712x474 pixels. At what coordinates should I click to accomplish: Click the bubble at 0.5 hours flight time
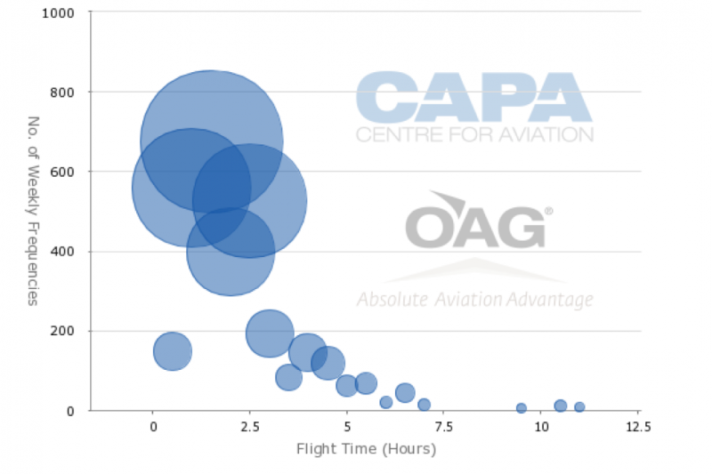click(173, 351)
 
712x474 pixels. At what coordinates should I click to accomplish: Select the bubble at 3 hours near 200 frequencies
click(270, 333)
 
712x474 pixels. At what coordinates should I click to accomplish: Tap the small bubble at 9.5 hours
click(522, 408)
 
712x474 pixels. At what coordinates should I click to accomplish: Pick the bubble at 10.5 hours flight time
click(561, 406)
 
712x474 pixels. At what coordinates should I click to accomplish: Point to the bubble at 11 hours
click(579, 407)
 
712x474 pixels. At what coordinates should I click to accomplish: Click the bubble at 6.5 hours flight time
click(405, 392)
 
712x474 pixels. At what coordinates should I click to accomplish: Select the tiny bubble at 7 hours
click(425, 404)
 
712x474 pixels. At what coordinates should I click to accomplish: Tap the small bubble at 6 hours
click(386, 402)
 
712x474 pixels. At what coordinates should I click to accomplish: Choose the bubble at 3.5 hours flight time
click(288, 377)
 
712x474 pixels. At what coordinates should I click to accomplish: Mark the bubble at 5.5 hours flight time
click(366, 383)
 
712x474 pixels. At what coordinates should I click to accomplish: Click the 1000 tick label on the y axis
click(58, 13)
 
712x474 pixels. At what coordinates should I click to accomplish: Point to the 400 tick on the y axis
click(62, 252)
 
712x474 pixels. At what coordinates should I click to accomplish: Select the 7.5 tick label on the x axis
click(443, 427)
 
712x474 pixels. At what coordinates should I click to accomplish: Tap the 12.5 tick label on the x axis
click(638, 427)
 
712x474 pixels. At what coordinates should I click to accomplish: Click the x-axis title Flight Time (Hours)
click(366, 449)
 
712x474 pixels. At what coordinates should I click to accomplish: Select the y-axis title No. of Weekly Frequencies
click(33, 211)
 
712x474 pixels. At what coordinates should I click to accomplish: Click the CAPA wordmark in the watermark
click(474, 97)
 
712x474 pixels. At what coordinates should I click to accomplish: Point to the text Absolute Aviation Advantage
click(475, 300)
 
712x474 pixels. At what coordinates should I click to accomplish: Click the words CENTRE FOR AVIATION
click(474, 134)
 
